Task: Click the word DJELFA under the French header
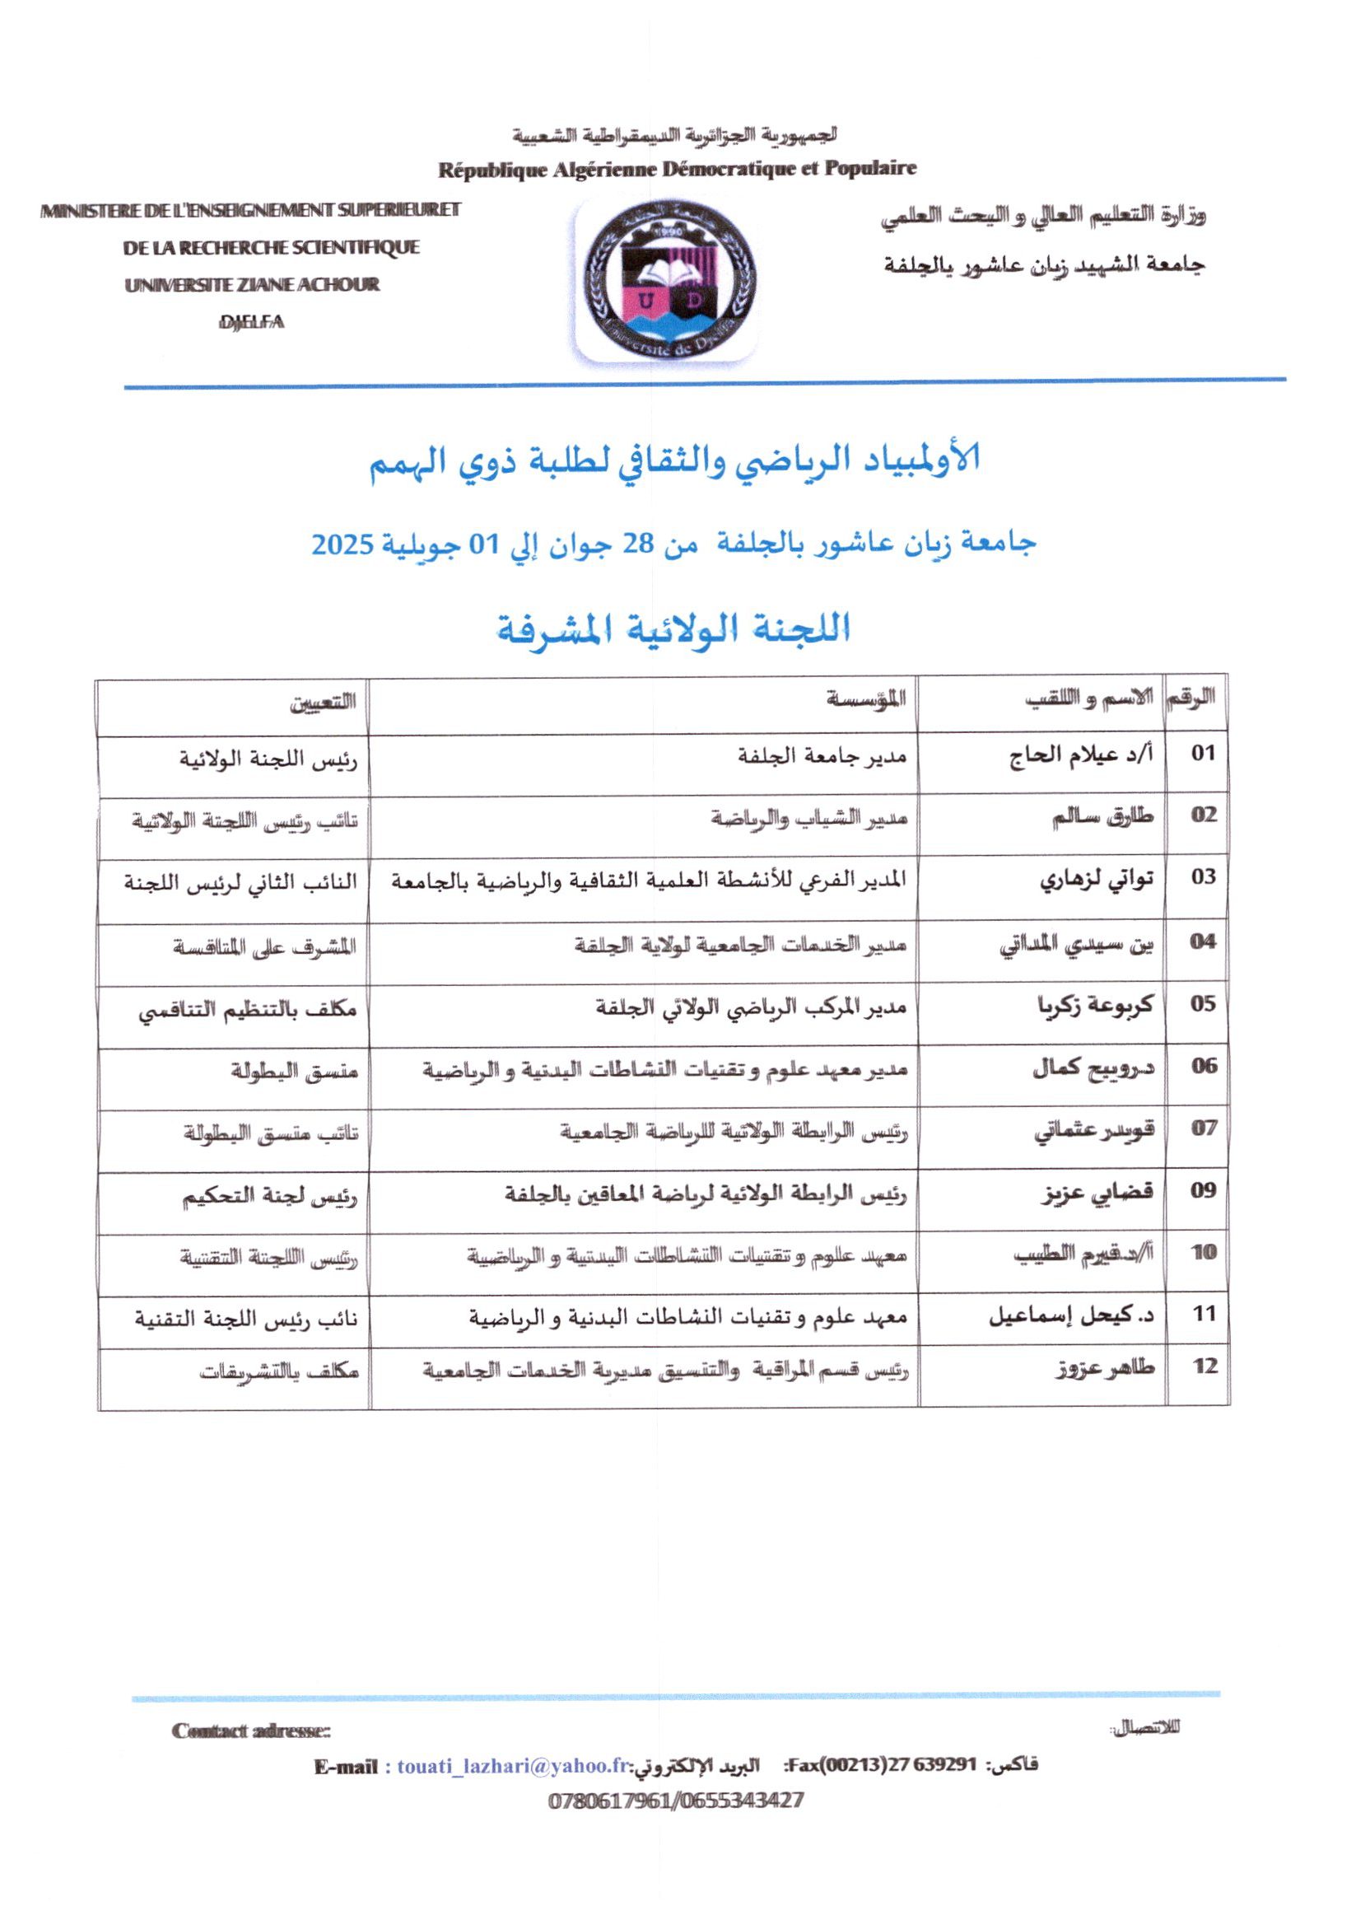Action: click(x=251, y=323)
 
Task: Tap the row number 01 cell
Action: click(x=1202, y=753)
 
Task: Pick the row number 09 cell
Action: click(x=1202, y=1191)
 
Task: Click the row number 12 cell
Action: click(x=1203, y=1366)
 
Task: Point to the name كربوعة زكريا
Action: click(x=1094, y=1004)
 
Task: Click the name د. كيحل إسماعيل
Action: click(x=1072, y=1314)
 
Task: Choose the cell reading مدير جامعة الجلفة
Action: click(x=822, y=755)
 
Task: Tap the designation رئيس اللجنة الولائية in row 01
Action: click(x=268, y=760)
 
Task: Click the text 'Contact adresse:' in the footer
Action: click(x=251, y=1731)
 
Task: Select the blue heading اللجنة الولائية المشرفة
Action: click(x=673, y=628)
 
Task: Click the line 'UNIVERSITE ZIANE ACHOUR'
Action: click(x=252, y=285)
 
